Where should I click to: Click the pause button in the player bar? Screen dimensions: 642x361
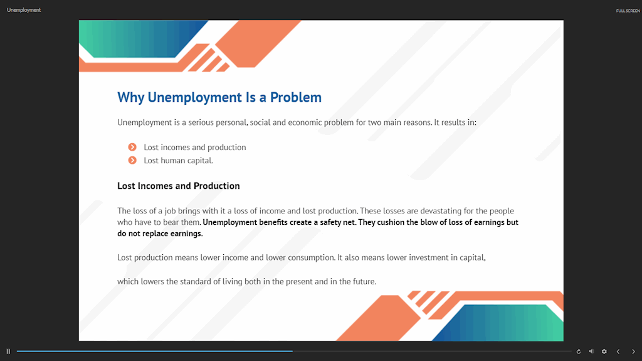click(x=8, y=352)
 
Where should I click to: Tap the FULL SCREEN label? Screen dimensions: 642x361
click(x=628, y=11)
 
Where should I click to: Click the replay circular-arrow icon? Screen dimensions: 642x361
click(x=579, y=352)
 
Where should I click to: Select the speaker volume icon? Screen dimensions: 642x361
click(x=592, y=352)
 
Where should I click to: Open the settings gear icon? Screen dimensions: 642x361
click(x=604, y=352)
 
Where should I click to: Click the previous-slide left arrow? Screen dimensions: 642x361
click(x=618, y=352)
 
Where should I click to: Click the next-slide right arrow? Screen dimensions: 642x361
click(x=633, y=352)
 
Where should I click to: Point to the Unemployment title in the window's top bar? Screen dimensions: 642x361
click(x=24, y=10)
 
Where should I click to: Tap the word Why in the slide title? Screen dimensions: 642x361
click(x=130, y=98)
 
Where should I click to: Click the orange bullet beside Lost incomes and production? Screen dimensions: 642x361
click(x=132, y=147)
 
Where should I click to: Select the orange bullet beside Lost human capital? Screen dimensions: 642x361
click(x=132, y=160)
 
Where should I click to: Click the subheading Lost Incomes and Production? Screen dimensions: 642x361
click(x=179, y=186)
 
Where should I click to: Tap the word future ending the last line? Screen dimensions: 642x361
click(x=363, y=281)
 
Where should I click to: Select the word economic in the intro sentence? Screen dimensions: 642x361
click(x=305, y=122)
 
